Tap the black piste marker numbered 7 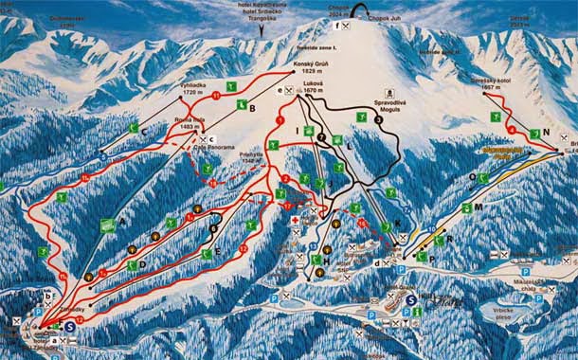coord(321,137)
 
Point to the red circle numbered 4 coord(513,129)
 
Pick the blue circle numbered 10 coord(431,229)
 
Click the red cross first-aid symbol coord(295,220)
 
